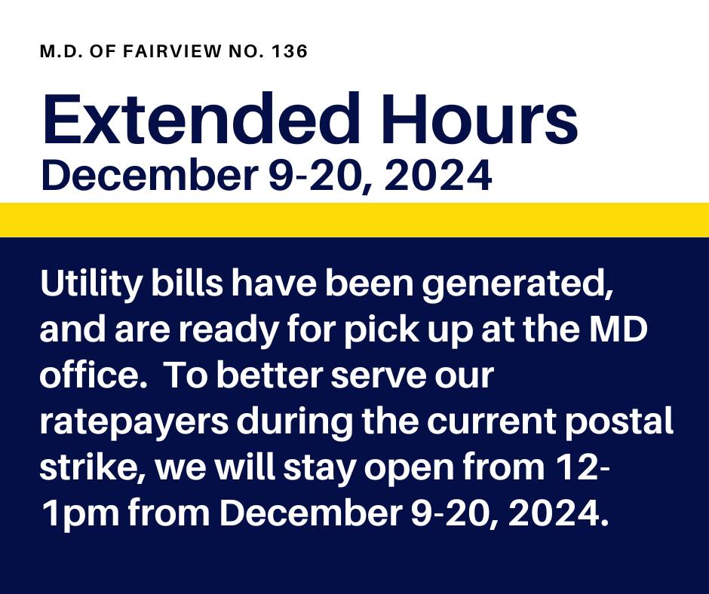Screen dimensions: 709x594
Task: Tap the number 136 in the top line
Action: [x=290, y=51]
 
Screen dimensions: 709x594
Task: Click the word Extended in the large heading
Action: [x=201, y=118]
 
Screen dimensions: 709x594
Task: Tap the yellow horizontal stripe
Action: [x=354, y=219]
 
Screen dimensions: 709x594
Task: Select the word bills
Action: [x=187, y=283]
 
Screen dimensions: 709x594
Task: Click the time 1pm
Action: [x=80, y=514]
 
